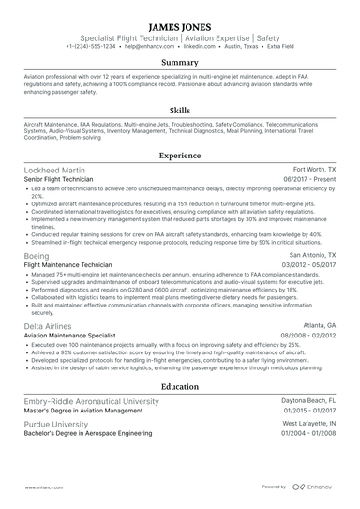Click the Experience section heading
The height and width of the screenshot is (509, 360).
coord(179,157)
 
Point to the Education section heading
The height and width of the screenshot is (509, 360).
coord(179,386)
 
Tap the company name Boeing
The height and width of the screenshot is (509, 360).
coord(37,255)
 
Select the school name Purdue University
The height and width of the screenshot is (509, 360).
coord(58,422)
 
